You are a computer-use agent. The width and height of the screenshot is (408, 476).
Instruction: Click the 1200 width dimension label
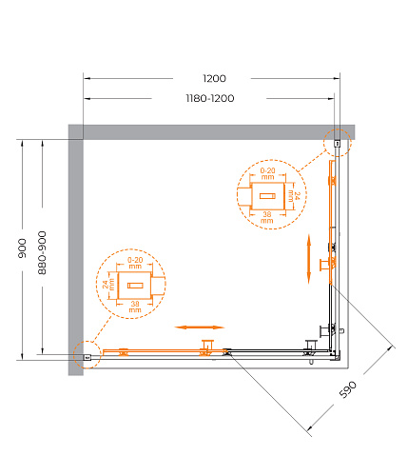click(x=214, y=78)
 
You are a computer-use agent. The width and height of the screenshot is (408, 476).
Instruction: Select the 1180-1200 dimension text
click(x=210, y=98)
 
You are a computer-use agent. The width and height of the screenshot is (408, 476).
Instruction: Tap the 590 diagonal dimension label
click(x=348, y=389)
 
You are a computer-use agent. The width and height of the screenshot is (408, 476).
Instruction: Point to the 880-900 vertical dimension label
click(x=42, y=253)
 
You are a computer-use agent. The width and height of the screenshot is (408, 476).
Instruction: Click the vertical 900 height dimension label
click(x=22, y=248)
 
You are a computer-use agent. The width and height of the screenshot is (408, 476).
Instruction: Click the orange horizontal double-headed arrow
click(x=200, y=327)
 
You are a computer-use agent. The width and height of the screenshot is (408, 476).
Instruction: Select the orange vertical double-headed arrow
click(x=309, y=259)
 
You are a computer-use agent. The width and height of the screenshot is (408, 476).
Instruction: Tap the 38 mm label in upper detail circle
click(x=267, y=217)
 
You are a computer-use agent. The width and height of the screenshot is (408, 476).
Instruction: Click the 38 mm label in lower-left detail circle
click(x=135, y=307)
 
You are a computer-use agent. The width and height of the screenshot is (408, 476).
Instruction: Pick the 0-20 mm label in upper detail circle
click(x=267, y=173)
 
